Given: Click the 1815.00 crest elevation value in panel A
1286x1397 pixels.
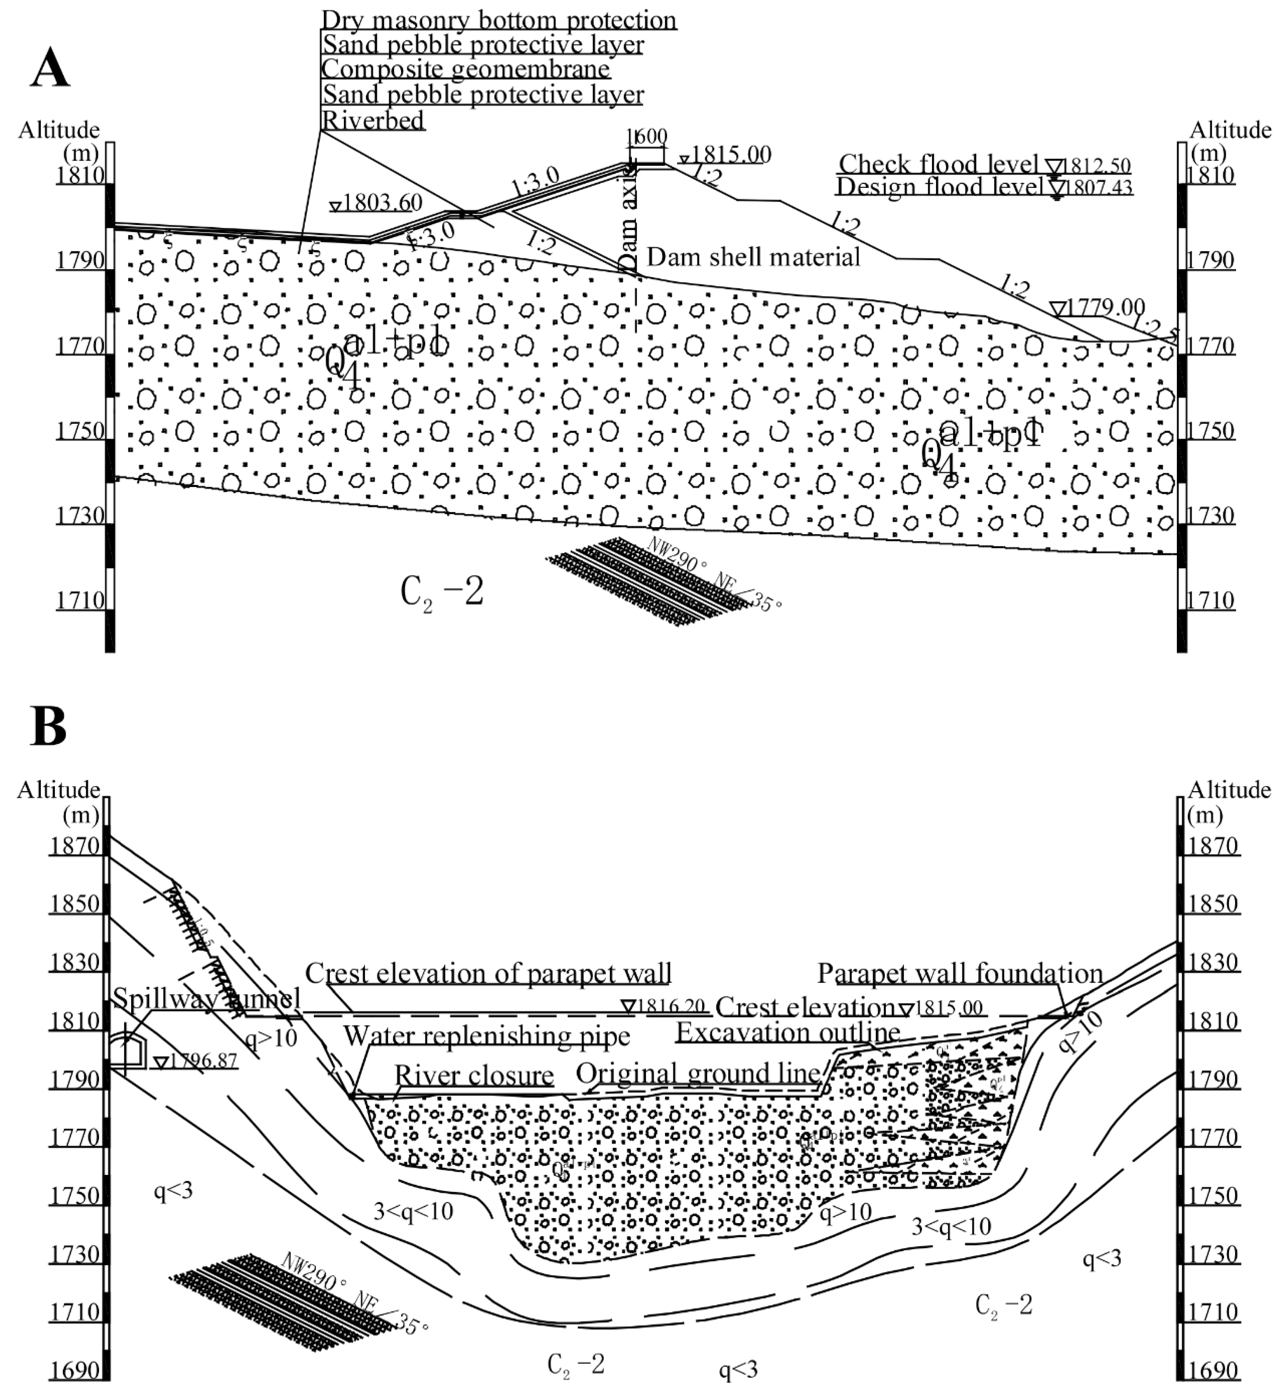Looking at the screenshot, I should [x=731, y=154].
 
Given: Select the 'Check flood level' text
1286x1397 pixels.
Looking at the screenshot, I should [x=938, y=164].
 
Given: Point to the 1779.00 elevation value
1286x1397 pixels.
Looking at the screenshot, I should [x=1106, y=306].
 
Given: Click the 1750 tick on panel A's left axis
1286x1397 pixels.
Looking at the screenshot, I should [x=80, y=430].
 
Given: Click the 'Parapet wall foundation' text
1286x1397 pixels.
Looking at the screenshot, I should [x=960, y=973].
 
